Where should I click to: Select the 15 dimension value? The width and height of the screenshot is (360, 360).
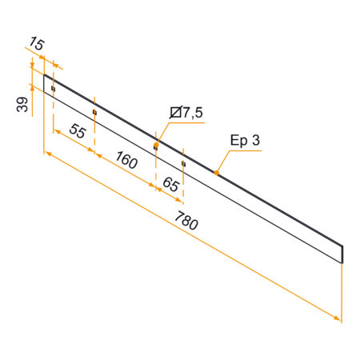tap(37, 42)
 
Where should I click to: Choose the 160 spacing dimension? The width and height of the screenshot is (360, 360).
tap(126, 159)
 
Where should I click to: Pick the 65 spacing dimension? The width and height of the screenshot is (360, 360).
tap(170, 183)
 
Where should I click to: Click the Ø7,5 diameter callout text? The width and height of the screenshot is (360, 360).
tap(185, 114)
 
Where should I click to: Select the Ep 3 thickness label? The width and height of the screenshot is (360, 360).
tap(245, 141)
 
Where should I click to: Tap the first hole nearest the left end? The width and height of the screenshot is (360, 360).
tap(53, 89)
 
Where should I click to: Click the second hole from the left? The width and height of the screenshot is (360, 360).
tap(94, 113)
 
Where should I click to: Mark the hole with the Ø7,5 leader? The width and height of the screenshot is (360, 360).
tap(155, 147)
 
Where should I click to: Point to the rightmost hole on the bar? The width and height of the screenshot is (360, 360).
tap(183, 163)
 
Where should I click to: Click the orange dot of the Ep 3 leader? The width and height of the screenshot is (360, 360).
tap(216, 171)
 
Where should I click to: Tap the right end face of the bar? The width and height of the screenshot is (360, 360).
tap(343, 254)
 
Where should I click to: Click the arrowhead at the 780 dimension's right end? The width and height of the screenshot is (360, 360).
tap(339, 319)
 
